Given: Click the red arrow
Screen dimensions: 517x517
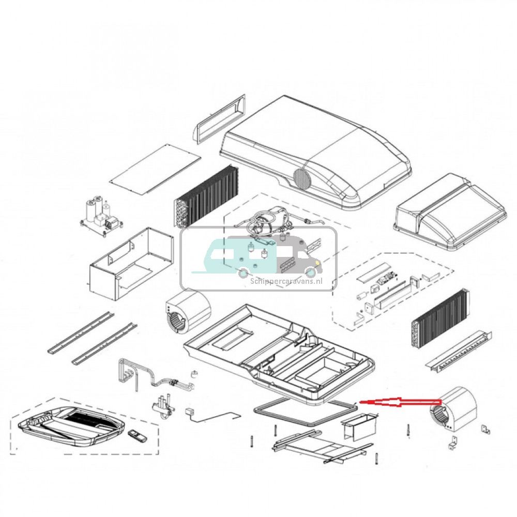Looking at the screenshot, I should point(398,402).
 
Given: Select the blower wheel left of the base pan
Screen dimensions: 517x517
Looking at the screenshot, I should point(187,312).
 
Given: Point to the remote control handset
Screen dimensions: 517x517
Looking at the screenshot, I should point(137,436).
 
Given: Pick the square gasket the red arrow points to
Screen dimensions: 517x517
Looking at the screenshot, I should point(305,414).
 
